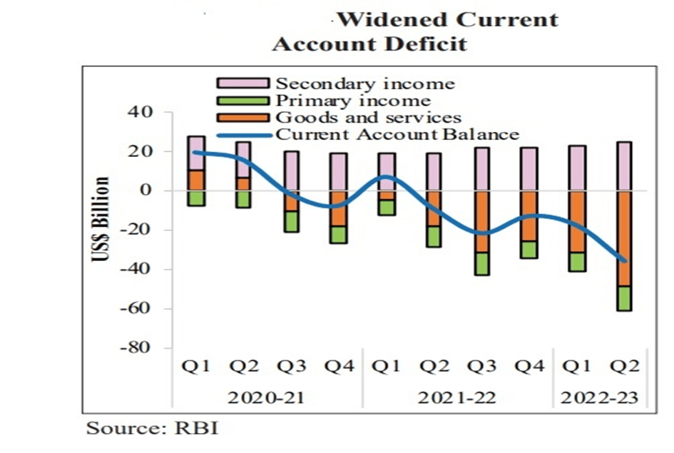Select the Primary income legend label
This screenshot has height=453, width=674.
click(x=353, y=101)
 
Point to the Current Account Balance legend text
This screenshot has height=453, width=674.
click(x=397, y=134)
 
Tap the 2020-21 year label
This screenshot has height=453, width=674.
click(x=266, y=397)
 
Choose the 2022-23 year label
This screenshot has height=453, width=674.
click(x=601, y=397)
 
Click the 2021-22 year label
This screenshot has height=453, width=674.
click(x=457, y=397)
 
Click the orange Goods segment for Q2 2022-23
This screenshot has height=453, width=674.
click(x=625, y=238)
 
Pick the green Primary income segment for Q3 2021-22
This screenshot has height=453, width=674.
click(x=481, y=263)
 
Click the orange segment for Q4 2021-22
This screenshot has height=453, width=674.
click(x=529, y=215)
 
